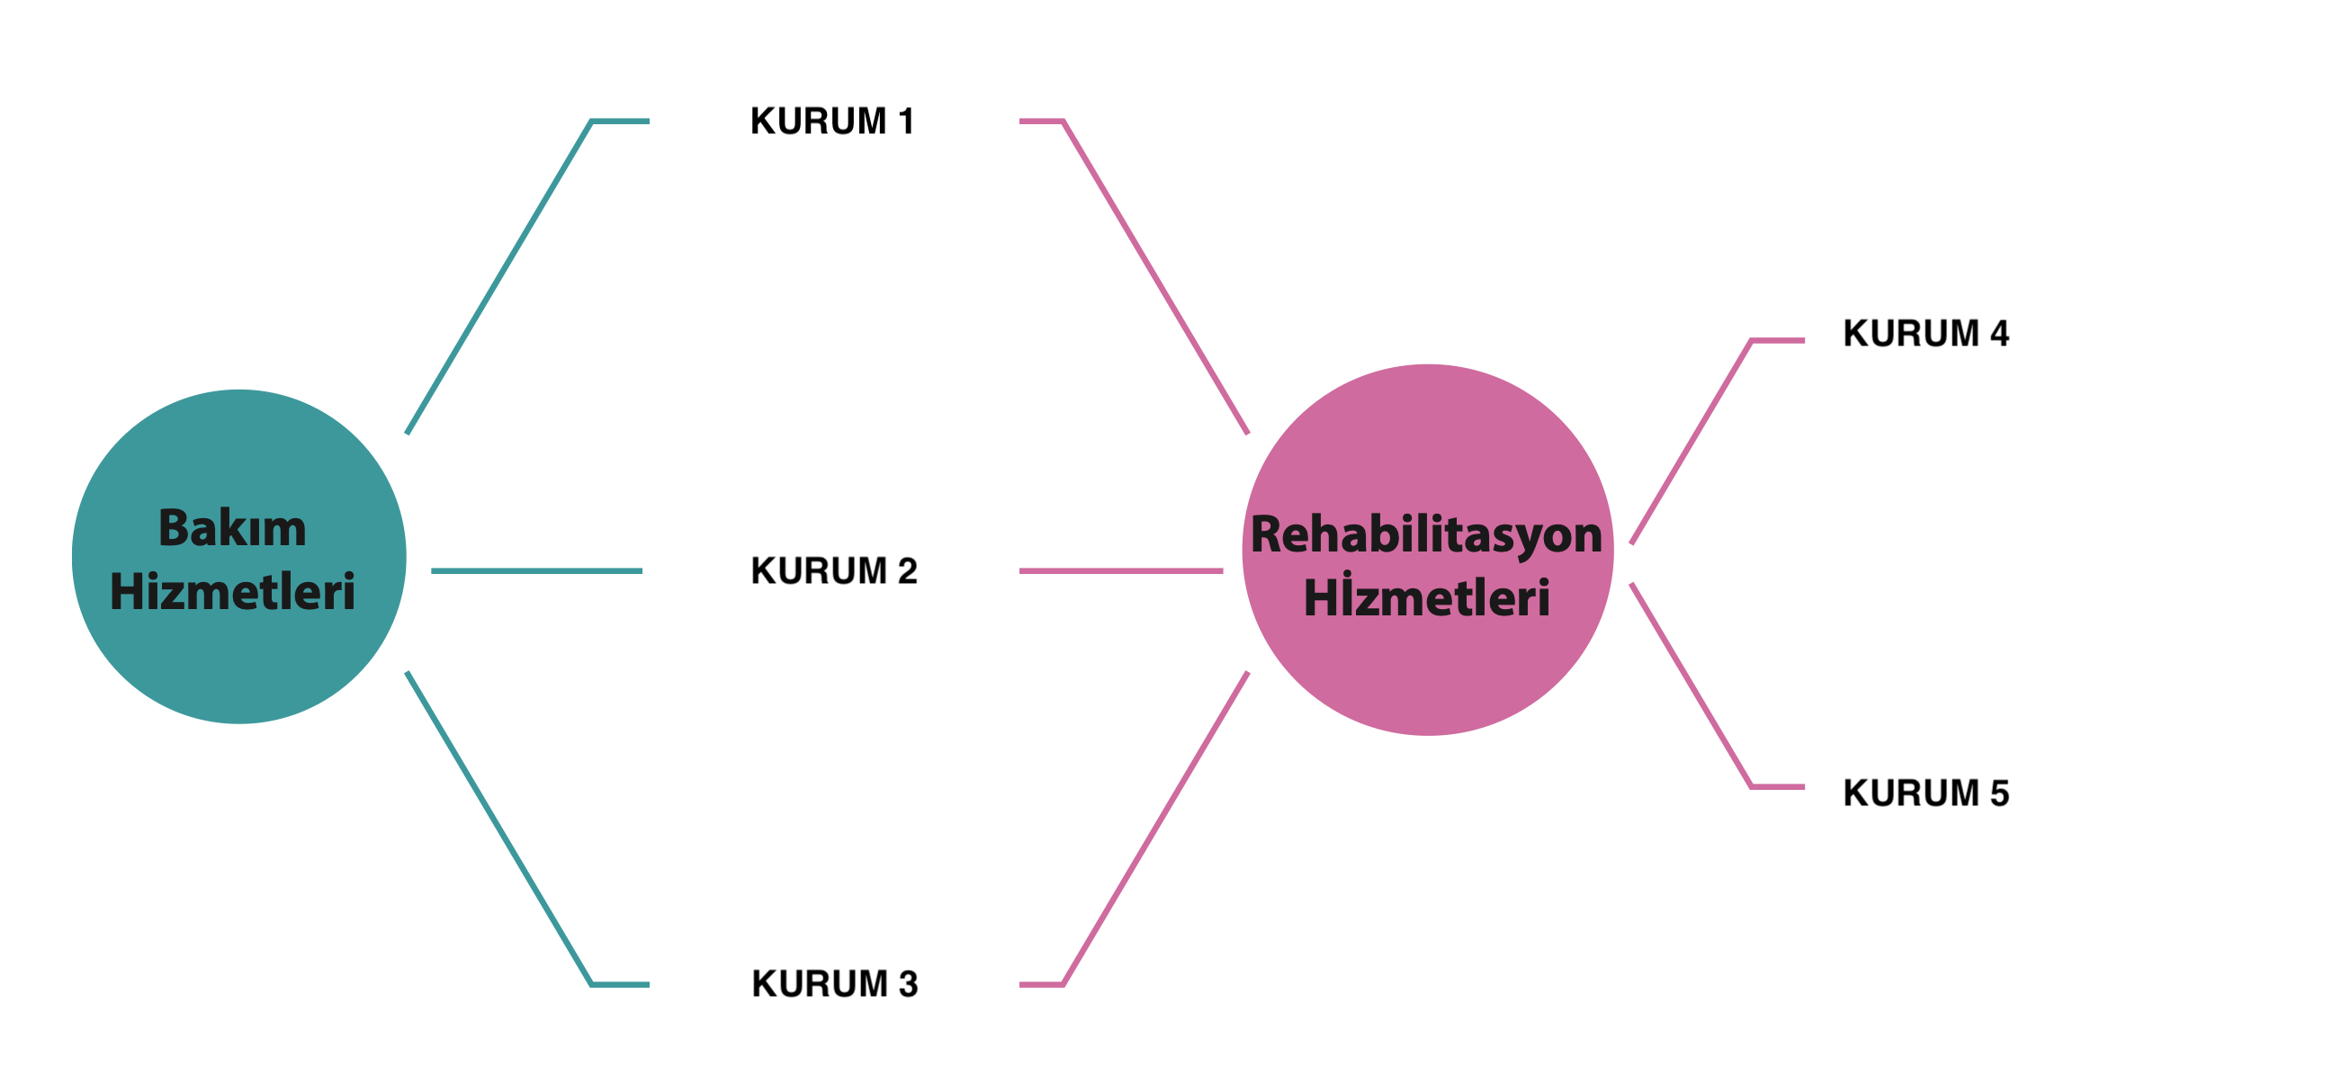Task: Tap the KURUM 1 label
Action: (831, 121)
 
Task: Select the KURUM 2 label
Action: (833, 571)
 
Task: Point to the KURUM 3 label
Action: (834, 983)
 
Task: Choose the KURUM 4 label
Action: (1926, 333)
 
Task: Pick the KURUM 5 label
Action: (1926, 793)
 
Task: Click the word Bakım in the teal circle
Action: (232, 528)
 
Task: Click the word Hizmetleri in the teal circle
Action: (232, 592)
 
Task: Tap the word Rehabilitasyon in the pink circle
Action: (1426, 534)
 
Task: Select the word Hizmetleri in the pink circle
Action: (1426, 597)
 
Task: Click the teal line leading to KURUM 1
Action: (498, 276)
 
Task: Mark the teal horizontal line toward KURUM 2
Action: (536, 571)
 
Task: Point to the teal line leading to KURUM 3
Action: (498, 829)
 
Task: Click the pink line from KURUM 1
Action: (1155, 276)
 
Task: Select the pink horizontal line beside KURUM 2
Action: (1121, 571)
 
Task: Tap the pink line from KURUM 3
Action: (1155, 829)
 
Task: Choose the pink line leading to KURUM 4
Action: (1691, 441)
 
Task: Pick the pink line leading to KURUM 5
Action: (1691, 686)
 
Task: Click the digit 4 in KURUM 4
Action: (1998, 333)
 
